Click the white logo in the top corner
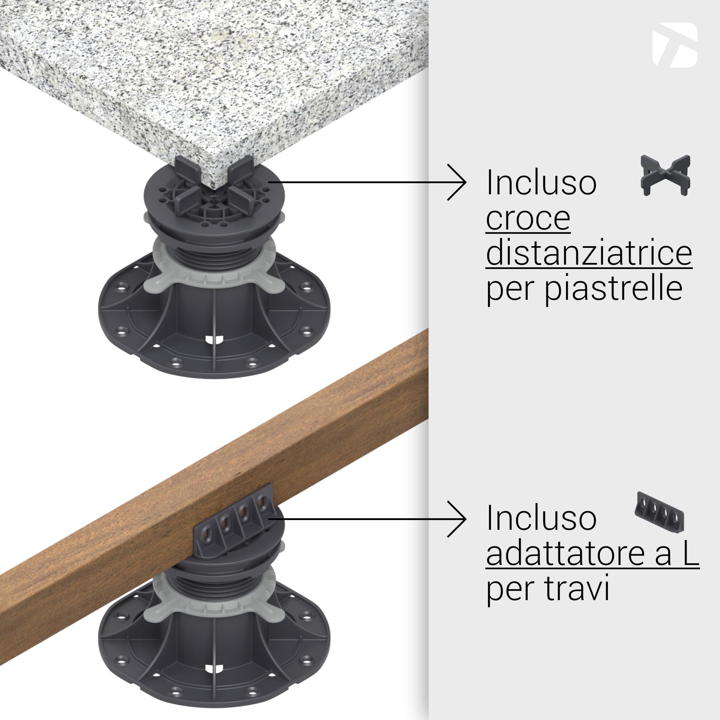click(675, 45)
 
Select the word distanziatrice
click(589, 253)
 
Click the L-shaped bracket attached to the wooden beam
click(235, 522)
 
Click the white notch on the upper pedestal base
click(214, 340)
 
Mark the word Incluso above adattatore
click(541, 519)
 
